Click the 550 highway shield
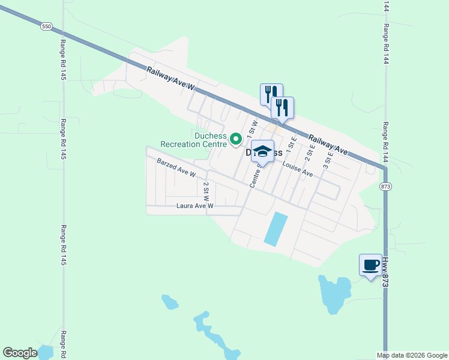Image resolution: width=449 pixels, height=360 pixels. click(x=47, y=26)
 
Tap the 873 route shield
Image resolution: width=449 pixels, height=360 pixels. click(x=385, y=187)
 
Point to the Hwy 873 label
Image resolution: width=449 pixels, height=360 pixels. click(x=385, y=271)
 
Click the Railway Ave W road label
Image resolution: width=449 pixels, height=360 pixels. click(x=172, y=79)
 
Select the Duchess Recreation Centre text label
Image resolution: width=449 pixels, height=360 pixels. click(x=193, y=140)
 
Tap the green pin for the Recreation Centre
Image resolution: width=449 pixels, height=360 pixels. click(x=236, y=139)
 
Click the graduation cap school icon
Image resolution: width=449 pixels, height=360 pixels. click(x=262, y=151)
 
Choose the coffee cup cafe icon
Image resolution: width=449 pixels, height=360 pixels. click(x=370, y=265)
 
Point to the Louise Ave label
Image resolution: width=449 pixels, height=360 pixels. click(x=298, y=170)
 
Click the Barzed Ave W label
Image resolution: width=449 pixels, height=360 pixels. click(x=176, y=168)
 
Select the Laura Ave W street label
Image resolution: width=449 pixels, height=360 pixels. click(x=195, y=206)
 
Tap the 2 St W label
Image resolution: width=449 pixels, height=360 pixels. click(x=206, y=191)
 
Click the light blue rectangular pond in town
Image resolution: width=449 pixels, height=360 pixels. click(x=275, y=228)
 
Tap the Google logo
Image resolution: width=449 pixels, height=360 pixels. click(x=20, y=353)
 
